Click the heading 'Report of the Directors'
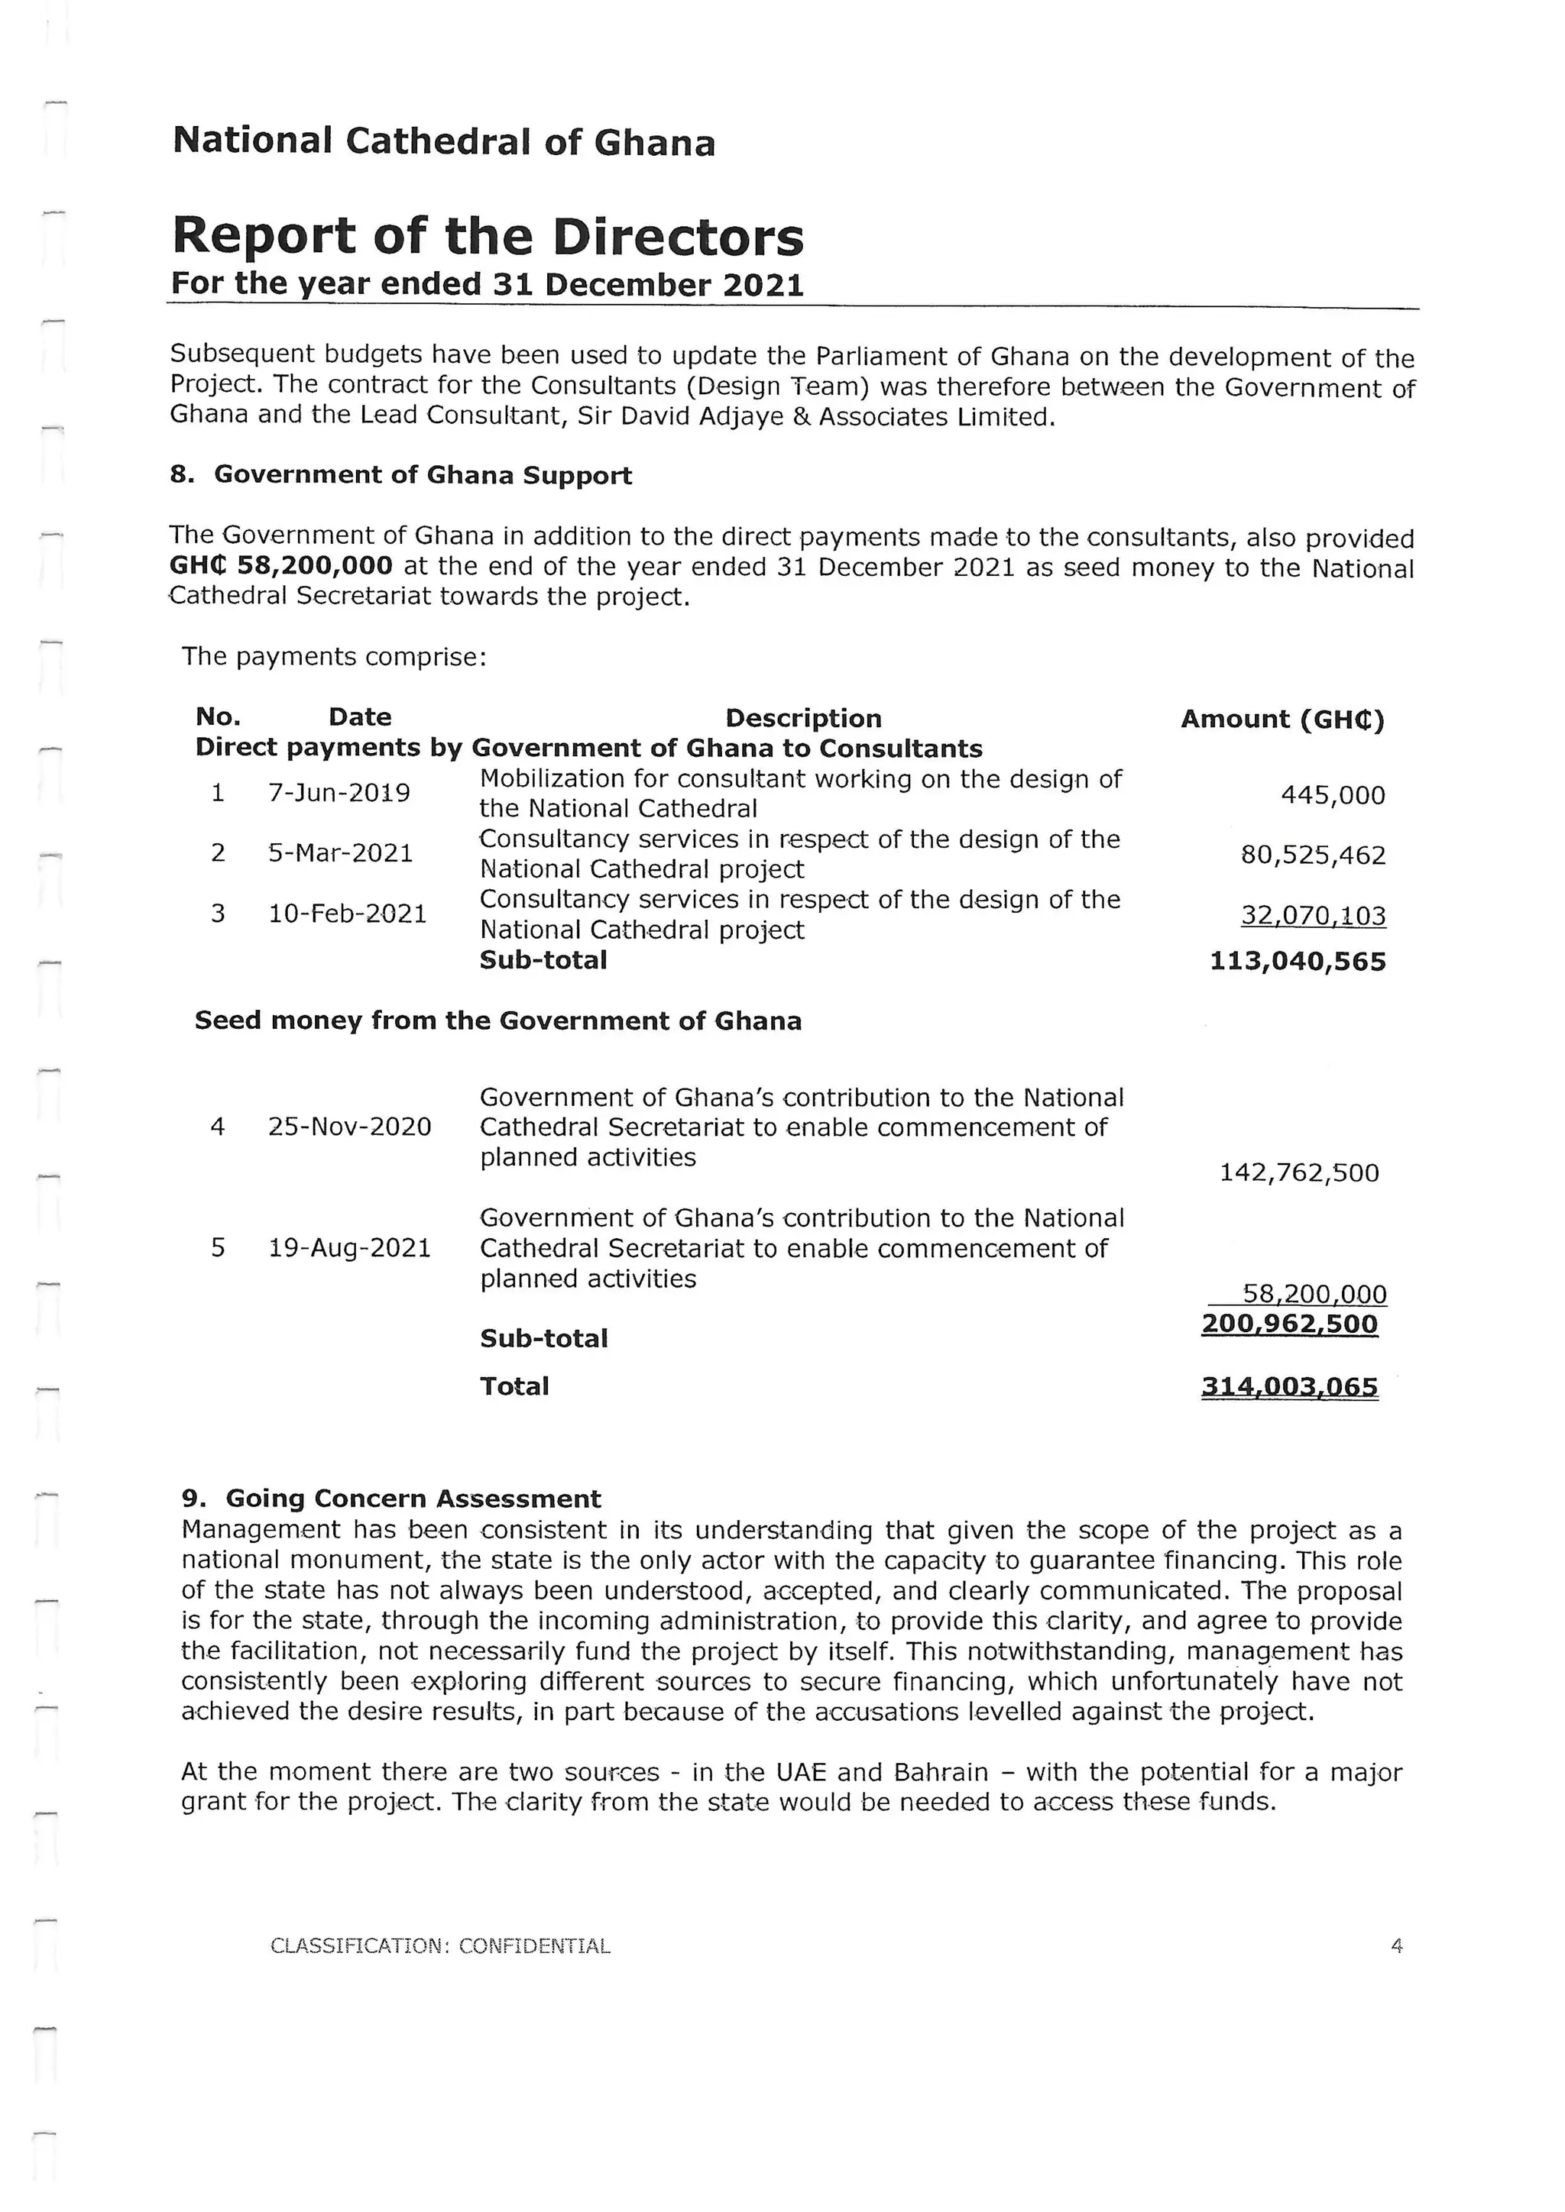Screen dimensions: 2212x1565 click(487, 237)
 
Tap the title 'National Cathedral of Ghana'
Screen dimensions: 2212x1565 click(443, 143)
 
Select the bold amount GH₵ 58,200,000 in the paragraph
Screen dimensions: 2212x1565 click(280, 565)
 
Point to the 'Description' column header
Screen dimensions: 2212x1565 click(802, 719)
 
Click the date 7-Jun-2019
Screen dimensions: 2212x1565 click(339, 793)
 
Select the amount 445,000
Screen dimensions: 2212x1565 click(1332, 796)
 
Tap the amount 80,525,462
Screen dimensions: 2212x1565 click(1313, 855)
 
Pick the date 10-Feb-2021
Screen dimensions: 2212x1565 click(347, 914)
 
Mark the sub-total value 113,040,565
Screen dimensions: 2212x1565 click(1297, 962)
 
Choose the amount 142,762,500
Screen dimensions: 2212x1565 click(1299, 1172)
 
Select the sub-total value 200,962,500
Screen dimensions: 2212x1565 click(1289, 1324)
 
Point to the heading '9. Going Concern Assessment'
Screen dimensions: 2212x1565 click(391, 1499)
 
